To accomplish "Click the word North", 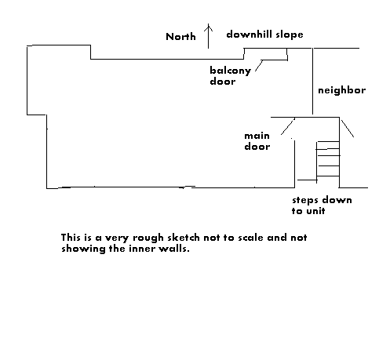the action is [180, 37].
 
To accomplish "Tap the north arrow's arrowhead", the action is [209, 27].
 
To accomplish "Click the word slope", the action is [290, 35].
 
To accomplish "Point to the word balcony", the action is [231, 71].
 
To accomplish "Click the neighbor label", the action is [341, 90].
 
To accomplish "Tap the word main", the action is [257, 136].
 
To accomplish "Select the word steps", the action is [305, 201].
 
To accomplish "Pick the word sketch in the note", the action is [184, 238].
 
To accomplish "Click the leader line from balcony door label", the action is [259, 66].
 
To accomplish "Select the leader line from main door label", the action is [288, 126].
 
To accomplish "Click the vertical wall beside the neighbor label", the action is [312, 81].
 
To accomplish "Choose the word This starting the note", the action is [71, 238].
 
